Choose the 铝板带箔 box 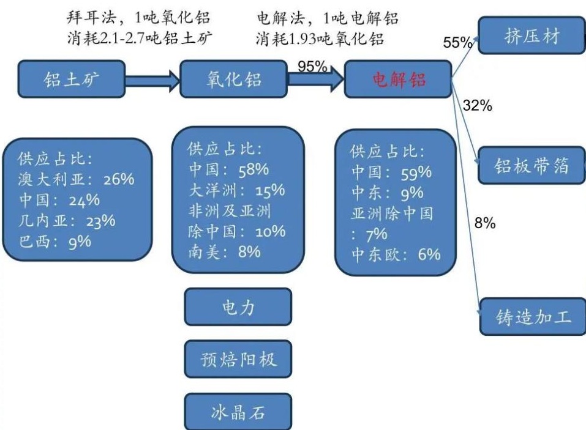point(532,166)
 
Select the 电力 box point(238,307)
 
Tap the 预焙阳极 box point(238,359)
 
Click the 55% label point(457,43)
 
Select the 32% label point(478,105)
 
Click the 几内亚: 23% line point(67,221)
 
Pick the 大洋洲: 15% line point(236,191)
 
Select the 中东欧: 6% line point(396,254)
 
